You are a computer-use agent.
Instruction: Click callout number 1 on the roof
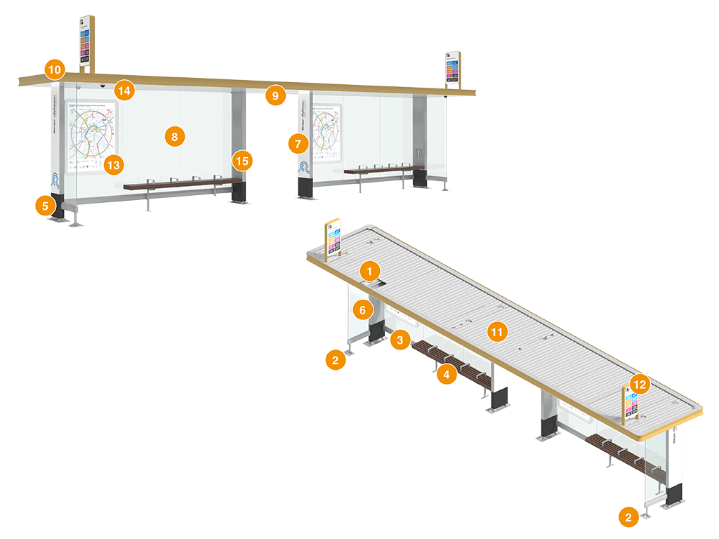click(369, 269)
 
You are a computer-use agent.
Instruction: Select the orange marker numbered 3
click(400, 340)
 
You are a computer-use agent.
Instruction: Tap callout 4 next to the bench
click(445, 374)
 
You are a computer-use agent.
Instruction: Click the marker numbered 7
click(298, 144)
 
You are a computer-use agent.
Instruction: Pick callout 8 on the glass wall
click(174, 136)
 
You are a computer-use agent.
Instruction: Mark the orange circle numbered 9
click(275, 95)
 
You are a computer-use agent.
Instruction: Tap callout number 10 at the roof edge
click(54, 69)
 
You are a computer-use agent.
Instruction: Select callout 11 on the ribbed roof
click(498, 332)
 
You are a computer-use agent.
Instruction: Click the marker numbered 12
click(638, 384)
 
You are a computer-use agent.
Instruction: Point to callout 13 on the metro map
click(112, 165)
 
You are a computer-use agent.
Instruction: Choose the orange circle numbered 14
click(125, 90)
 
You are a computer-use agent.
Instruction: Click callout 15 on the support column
click(242, 161)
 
